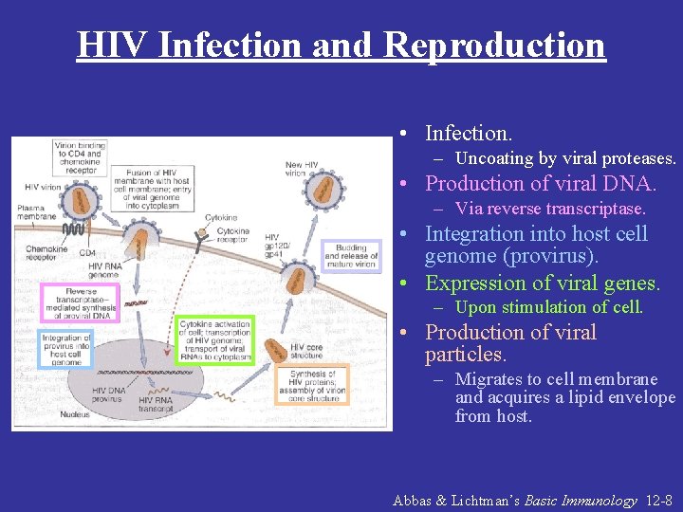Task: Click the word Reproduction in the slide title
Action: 494,45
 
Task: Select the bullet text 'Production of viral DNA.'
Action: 541,183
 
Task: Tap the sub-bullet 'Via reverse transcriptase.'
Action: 550,209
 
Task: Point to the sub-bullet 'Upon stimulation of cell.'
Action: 549,307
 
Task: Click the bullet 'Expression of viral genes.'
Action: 543,283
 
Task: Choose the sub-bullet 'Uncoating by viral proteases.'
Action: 565,158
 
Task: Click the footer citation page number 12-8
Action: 657,500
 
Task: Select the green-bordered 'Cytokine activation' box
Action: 215,340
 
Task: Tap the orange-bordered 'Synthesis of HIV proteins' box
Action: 313,385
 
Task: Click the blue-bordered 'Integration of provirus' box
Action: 66,349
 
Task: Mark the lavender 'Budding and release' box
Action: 350,256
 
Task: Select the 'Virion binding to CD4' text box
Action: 79,157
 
